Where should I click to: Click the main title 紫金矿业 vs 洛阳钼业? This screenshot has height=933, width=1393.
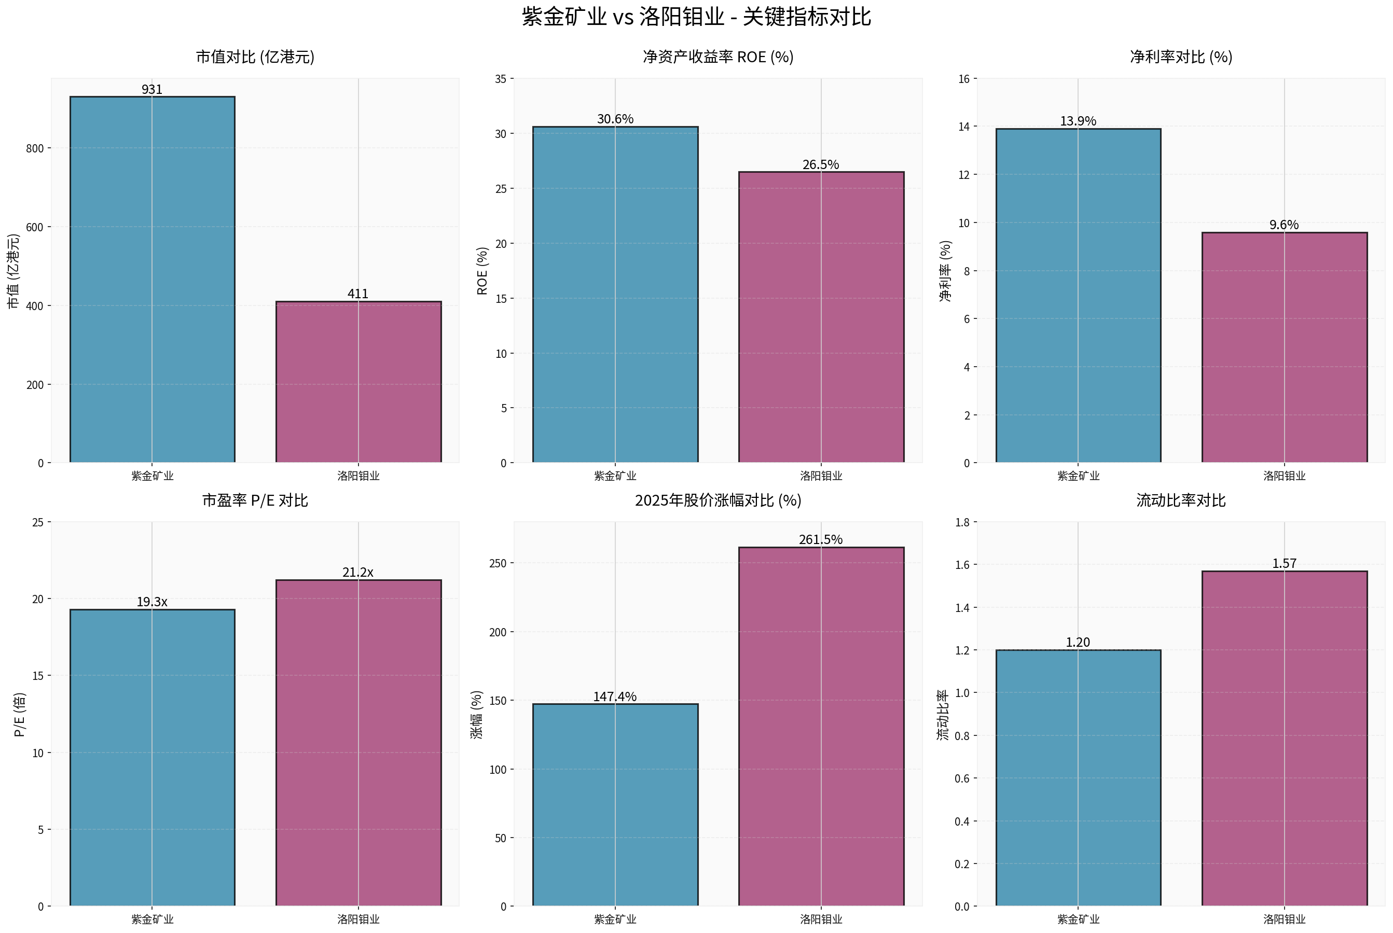pyautogui.click(x=696, y=17)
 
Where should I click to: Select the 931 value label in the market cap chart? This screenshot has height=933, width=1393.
pyautogui.click(x=152, y=89)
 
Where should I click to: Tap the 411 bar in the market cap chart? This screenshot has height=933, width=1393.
pyautogui.click(x=358, y=381)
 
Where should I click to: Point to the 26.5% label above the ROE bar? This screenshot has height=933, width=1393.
pyautogui.click(x=820, y=164)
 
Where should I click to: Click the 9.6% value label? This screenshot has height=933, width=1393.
pyautogui.click(x=1284, y=225)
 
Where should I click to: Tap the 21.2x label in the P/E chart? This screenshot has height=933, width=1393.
pyautogui.click(x=358, y=572)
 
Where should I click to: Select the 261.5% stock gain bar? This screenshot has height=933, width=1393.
pyautogui.click(x=820, y=726)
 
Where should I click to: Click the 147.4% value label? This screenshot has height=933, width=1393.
pyautogui.click(x=614, y=696)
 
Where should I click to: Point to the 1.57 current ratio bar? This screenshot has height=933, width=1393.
pyautogui.click(x=1284, y=738)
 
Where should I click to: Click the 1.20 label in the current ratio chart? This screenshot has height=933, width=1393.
pyautogui.click(x=1078, y=642)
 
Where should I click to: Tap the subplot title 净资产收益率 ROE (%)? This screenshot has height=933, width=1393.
pyautogui.click(x=718, y=57)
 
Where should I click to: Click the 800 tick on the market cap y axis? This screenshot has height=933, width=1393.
pyautogui.click(x=35, y=148)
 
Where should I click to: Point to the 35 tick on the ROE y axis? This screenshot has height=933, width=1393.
pyautogui.click(x=501, y=78)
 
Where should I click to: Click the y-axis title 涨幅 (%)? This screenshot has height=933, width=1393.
pyautogui.click(x=476, y=715)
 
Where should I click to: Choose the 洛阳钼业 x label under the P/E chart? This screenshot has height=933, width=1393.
pyautogui.click(x=358, y=918)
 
